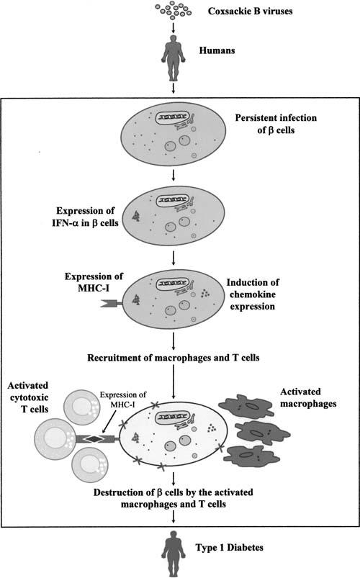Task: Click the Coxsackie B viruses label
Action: (250, 11)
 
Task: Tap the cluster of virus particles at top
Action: (174, 10)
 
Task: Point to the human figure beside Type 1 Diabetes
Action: (174, 554)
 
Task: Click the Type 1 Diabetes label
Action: (230, 547)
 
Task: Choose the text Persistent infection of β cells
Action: (276, 124)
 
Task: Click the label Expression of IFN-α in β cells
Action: (86, 217)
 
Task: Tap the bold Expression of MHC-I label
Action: (94, 282)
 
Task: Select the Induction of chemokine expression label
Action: (253, 294)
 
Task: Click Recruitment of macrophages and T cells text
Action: (174, 358)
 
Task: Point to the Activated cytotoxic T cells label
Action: (28, 397)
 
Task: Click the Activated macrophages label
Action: (308, 397)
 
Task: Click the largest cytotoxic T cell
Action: (55, 438)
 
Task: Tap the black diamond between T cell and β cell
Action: (96, 438)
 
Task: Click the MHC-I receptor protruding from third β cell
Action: (112, 304)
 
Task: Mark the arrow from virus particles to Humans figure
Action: (174, 27)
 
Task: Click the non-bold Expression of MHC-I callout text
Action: (123, 399)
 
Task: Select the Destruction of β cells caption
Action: (174, 498)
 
